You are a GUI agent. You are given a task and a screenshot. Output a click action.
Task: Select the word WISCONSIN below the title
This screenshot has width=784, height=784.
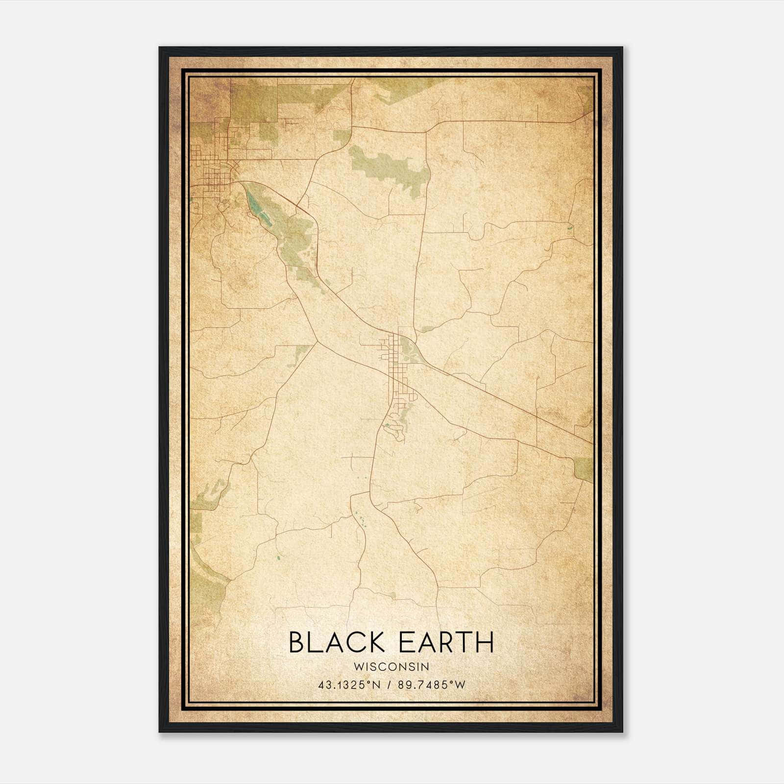pyautogui.click(x=391, y=667)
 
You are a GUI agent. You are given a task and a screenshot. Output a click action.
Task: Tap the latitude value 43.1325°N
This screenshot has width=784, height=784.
pyautogui.click(x=349, y=685)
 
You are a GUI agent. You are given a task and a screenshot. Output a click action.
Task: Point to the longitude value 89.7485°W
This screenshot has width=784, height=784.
pyautogui.click(x=431, y=685)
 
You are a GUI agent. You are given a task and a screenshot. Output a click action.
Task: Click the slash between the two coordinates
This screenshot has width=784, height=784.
pyautogui.click(x=389, y=685)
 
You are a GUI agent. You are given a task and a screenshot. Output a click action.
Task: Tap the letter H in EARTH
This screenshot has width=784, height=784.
pyautogui.click(x=484, y=642)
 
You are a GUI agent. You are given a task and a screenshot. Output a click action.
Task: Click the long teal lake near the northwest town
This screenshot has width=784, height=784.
pyautogui.click(x=257, y=208)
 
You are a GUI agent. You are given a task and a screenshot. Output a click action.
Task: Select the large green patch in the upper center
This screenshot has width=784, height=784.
pyautogui.click(x=390, y=169)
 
